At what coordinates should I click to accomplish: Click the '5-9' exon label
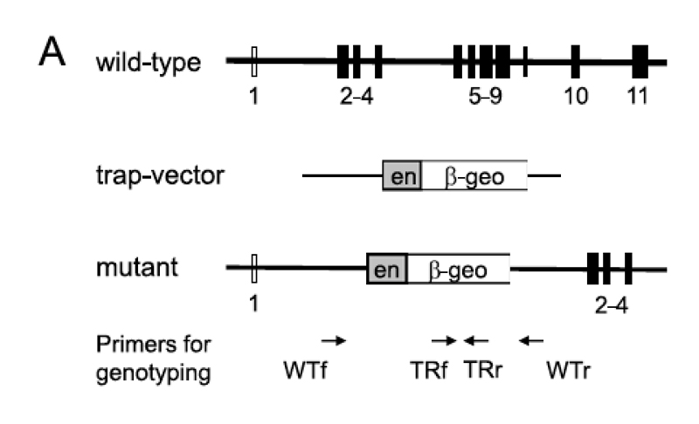coord(486,94)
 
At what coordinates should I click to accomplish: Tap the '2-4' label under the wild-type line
coord(356,94)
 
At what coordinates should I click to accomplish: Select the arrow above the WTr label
coord(530,340)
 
